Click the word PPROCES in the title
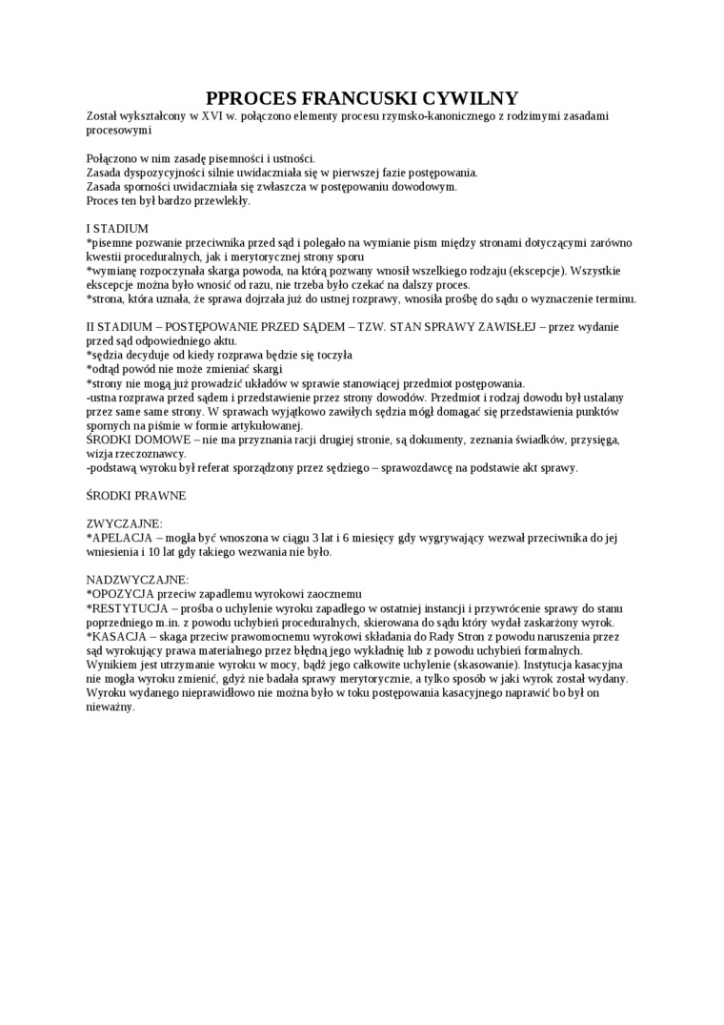[x=251, y=98]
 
